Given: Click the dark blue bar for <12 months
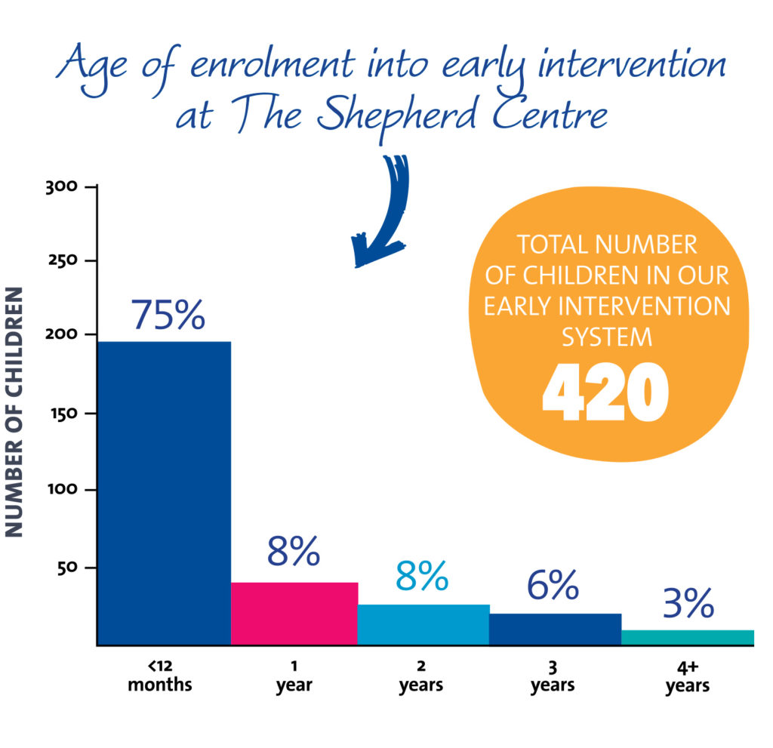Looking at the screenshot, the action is pyautogui.click(x=165, y=493).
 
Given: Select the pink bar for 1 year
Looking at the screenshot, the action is pyautogui.click(x=294, y=614).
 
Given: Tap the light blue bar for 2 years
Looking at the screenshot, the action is pyautogui.click(x=423, y=624).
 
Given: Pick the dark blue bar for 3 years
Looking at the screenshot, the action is pyautogui.click(x=555, y=629).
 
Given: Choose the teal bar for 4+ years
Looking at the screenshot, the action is pyautogui.click(x=688, y=637).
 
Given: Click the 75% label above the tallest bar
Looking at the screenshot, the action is pyautogui.click(x=168, y=315).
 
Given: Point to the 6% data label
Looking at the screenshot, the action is pyautogui.click(x=553, y=585).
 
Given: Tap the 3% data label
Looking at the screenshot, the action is pyautogui.click(x=688, y=602).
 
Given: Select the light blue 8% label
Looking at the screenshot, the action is pyautogui.click(x=422, y=575).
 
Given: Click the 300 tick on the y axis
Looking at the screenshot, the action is pyautogui.click(x=62, y=187).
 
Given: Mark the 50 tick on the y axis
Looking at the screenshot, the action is pyautogui.click(x=67, y=568).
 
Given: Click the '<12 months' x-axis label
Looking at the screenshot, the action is pyautogui.click(x=160, y=676).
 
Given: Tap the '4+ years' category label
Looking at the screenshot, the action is pyautogui.click(x=688, y=677).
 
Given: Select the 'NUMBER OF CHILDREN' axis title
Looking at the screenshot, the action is pyautogui.click(x=14, y=411).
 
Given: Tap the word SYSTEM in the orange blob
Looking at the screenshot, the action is pyautogui.click(x=607, y=337).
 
